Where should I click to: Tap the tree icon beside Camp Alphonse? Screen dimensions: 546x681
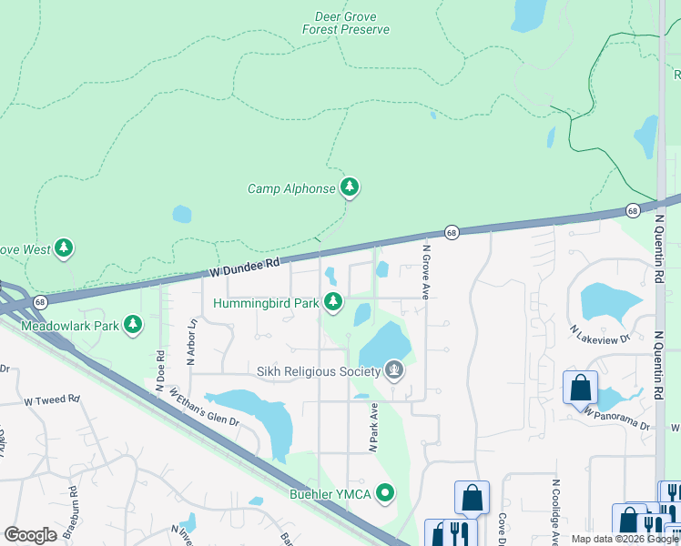pos(350,188)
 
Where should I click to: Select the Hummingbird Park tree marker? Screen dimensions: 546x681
pos(334,302)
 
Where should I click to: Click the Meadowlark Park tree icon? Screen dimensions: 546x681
pos(134,325)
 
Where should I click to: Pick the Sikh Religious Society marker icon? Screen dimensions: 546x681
pos(394,369)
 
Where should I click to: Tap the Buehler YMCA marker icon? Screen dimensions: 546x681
pos(386,494)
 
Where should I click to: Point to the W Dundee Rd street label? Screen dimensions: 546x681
pos(244,267)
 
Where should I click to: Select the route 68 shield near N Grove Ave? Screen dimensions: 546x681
pos(452,233)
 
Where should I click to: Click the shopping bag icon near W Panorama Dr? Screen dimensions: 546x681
pos(580,388)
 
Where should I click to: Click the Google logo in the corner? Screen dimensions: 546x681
pos(30,535)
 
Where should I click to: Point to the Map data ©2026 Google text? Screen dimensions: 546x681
pos(625,539)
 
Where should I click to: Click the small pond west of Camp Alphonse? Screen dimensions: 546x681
pos(182,215)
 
